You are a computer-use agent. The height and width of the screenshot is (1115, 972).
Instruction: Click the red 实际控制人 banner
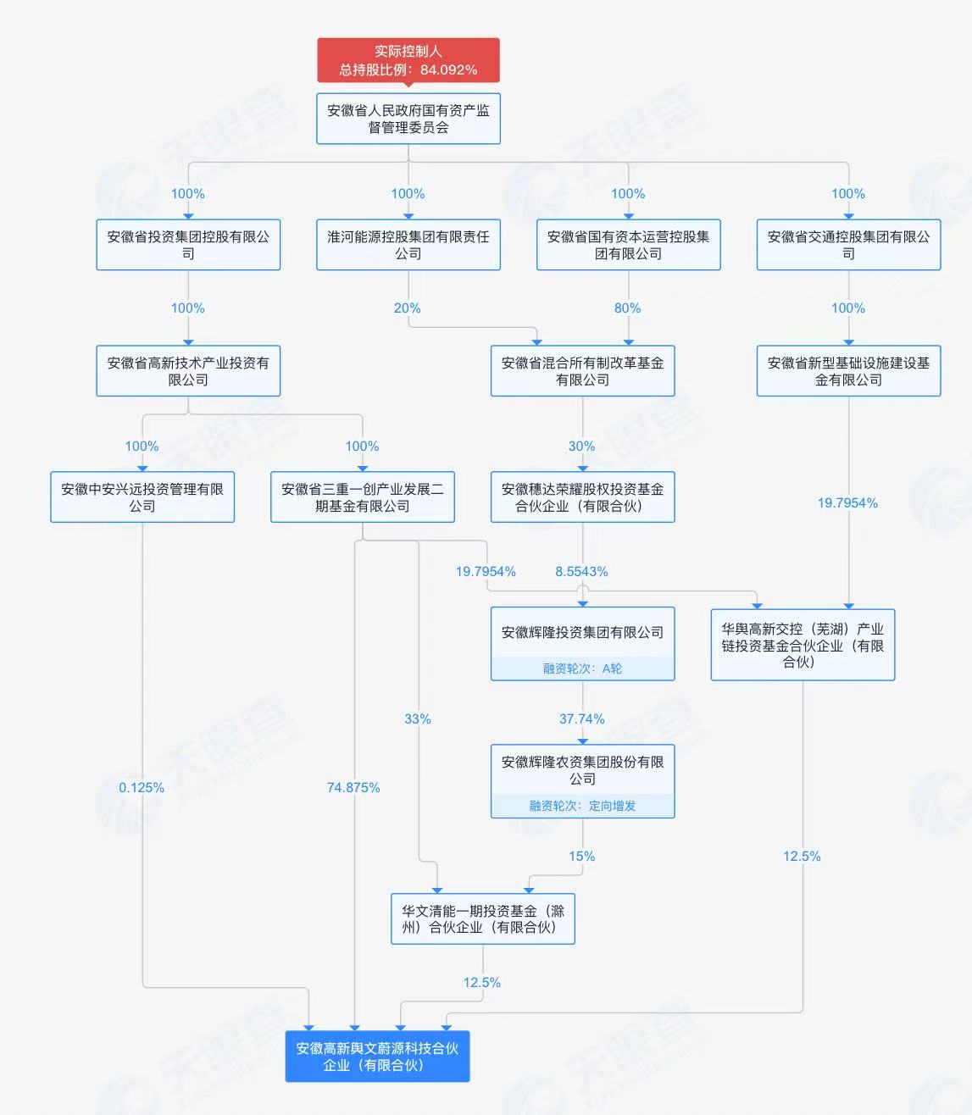pos(408,60)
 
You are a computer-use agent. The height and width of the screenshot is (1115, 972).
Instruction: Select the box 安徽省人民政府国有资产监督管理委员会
pos(408,119)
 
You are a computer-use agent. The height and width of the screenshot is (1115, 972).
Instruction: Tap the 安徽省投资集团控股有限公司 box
pos(188,245)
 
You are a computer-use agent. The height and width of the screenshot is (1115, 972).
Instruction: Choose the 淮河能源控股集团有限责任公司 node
pos(408,245)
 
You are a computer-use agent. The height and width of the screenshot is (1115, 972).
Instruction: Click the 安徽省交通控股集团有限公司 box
pos(849,245)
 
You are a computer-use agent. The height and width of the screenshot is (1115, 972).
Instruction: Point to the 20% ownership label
pos(408,308)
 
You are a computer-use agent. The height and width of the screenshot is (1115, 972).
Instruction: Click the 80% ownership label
pos(627,308)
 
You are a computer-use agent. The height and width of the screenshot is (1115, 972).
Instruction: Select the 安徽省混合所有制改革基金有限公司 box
pos(583,370)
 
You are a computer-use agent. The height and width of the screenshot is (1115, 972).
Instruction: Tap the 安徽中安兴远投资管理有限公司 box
pos(142,497)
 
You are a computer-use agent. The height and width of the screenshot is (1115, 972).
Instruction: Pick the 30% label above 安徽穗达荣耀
pos(581,446)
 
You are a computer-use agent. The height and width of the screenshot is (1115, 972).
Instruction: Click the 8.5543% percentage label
pos(581,571)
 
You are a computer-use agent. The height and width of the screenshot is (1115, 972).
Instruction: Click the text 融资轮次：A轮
pos(582,668)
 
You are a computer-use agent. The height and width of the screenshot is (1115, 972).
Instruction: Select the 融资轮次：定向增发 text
pos(582,806)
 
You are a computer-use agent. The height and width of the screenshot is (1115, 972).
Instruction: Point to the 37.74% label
pos(581,718)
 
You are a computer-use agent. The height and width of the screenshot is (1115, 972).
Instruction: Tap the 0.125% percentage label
pos(142,787)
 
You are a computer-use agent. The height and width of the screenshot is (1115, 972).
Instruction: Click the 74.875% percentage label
pos(353,787)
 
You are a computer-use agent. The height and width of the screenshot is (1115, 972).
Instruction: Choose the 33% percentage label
pos(418,718)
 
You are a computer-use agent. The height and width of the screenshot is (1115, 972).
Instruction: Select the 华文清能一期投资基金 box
pos(483,918)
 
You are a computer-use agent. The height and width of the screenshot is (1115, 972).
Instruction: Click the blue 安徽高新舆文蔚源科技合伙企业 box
pos(377,1057)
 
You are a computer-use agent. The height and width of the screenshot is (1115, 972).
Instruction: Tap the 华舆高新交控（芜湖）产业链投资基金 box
pos(803,645)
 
